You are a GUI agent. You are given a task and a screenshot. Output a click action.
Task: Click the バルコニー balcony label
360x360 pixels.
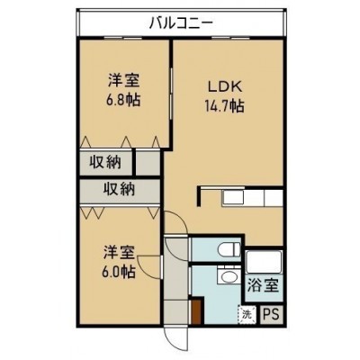181,23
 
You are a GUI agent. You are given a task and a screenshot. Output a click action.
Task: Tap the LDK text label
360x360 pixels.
225,86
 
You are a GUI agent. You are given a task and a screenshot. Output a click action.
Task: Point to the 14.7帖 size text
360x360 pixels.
224,106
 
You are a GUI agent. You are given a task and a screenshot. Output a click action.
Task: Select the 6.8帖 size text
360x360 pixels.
123,100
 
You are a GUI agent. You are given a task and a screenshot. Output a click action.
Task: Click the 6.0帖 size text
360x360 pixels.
119,272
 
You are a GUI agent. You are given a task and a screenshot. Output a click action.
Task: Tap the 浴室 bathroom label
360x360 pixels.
263,285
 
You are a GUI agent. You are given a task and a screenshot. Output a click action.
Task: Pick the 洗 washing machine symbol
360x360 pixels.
247,315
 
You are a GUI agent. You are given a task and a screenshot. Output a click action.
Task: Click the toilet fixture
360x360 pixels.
229,249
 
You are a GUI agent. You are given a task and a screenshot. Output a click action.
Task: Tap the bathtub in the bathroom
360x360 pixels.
264,263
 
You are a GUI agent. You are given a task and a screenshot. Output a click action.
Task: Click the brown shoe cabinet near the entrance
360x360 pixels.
196,312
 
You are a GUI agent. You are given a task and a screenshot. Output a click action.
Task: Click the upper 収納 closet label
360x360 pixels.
105,163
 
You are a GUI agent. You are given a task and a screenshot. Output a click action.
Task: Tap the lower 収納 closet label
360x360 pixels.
119,190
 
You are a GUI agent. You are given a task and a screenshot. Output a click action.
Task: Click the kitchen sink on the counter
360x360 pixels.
233,198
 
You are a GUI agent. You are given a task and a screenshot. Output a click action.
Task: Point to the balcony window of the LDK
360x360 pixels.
230,38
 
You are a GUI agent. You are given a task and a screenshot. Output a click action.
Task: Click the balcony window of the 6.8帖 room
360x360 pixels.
123,38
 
